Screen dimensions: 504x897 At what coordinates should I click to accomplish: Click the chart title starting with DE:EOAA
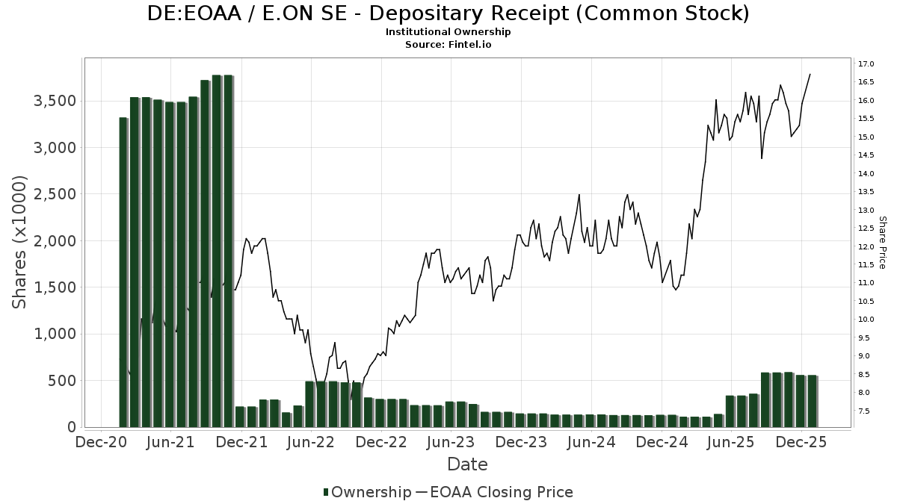pyautogui.click(x=448, y=13)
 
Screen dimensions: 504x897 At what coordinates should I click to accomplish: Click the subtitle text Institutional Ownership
pyautogui.click(x=448, y=32)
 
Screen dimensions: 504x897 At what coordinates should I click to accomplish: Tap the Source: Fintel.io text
pyautogui.click(x=448, y=45)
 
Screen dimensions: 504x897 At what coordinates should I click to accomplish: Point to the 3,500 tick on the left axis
pyautogui.click(x=56, y=101)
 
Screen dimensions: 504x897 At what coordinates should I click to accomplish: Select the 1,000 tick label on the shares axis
pyautogui.click(x=56, y=334)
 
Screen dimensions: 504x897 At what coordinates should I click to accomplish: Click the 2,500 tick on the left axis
pyautogui.click(x=56, y=194)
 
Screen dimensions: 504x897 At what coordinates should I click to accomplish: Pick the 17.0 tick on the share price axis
pyautogui.click(x=867, y=63)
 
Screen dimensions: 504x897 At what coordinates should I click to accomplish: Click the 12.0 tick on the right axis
pyautogui.click(x=867, y=246)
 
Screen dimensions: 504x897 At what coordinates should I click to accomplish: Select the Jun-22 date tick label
pyautogui.click(x=310, y=442)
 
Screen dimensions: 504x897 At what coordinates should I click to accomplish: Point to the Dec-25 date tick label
pyautogui.click(x=801, y=442)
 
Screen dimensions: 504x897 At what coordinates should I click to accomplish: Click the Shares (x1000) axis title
pyautogui.click(x=20, y=241)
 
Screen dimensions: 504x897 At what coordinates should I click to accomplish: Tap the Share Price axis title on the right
pyautogui.click(x=882, y=243)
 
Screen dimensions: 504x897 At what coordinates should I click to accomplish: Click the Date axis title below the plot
pyautogui.click(x=467, y=464)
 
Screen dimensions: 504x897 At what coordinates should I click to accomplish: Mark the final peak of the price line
pyautogui.click(x=810, y=74)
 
